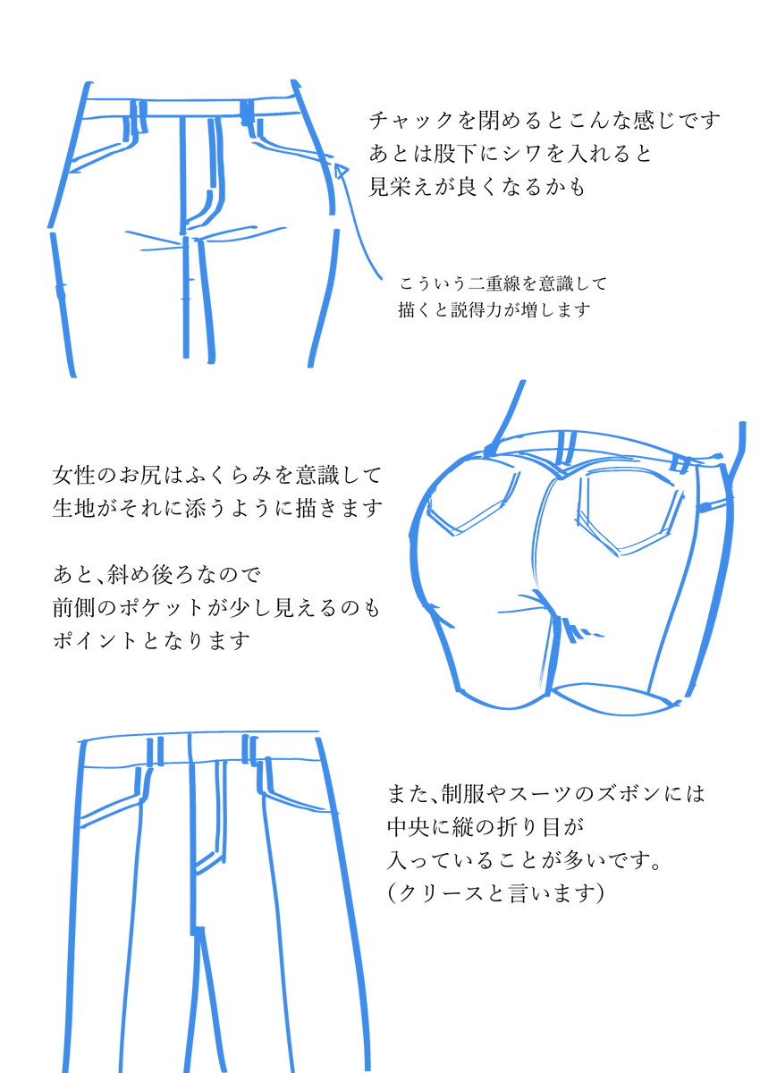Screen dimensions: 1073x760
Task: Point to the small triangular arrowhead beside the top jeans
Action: (341, 171)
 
